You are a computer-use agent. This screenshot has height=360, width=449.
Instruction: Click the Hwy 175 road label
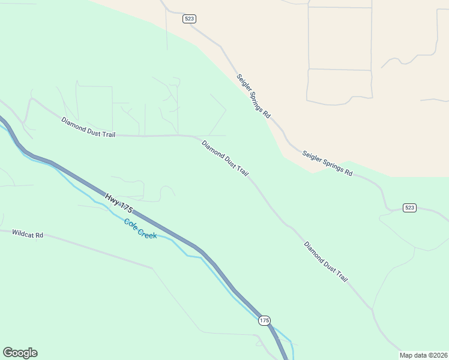click(x=119, y=202)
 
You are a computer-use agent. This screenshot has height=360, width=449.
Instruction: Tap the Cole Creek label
click(x=140, y=229)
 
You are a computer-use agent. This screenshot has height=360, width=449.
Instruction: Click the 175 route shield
click(x=265, y=320)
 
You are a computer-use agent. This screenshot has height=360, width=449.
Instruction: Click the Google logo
click(x=20, y=353)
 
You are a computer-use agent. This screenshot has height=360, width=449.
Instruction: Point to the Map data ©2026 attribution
click(x=423, y=355)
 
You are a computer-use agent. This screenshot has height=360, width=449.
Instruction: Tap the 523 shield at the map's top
click(x=190, y=19)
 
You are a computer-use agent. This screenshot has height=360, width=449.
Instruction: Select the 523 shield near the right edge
click(x=409, y=208)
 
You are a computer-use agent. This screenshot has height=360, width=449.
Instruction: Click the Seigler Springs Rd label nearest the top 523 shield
click(x=253, y=96)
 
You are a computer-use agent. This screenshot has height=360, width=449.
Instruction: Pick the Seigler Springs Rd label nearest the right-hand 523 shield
click(x=327, y=163)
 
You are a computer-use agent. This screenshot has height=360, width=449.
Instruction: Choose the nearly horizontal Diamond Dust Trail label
click(x=88, y=127)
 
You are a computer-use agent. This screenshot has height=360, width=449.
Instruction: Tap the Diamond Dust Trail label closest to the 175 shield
click(x=326, y=262)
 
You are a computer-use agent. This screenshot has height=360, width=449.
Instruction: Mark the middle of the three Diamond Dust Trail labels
click(x=225, y=158)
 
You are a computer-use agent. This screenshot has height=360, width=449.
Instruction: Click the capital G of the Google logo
click(x=8, y=352)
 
